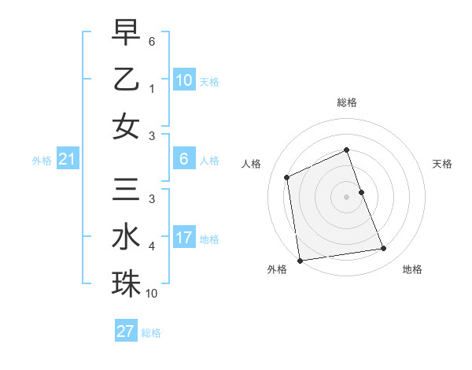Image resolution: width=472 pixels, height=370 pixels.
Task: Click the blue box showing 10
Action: coord(183,80)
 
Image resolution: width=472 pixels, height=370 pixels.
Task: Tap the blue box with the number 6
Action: coord(183,158)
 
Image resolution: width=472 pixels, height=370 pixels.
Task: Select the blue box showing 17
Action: coord(183,237)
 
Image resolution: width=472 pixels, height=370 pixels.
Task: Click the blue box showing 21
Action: coord(67,160)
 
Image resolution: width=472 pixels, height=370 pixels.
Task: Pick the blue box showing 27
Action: coord(125,331)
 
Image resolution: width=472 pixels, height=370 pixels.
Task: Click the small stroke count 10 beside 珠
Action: coord(152,294)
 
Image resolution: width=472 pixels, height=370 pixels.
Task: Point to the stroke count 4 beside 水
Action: coord(152,246)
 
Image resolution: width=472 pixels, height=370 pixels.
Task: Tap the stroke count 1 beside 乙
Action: coord(152,89)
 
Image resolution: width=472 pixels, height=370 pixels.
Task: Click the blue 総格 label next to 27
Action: coord(151,332)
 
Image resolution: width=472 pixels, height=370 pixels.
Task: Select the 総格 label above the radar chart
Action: coord(347,102)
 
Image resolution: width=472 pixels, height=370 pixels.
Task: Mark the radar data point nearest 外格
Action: coord(300,260)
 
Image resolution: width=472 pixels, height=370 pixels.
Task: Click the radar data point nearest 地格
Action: coord(384,249)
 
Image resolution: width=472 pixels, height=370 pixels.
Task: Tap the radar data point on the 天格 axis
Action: coord(361,192)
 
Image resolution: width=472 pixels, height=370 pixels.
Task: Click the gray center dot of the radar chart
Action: coord(347,197)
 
